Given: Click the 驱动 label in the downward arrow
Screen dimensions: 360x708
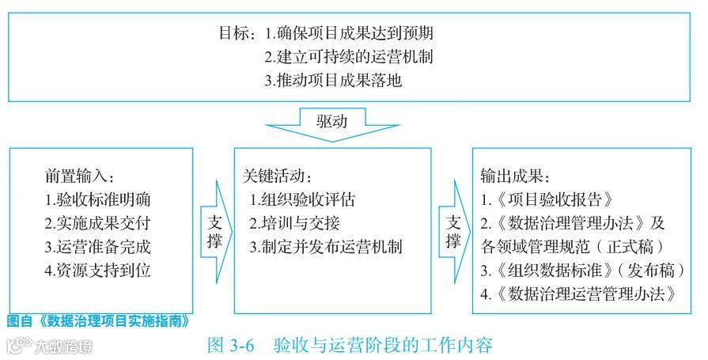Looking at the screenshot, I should pos(331,122).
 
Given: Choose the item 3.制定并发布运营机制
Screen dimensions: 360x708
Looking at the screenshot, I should pos(326,246).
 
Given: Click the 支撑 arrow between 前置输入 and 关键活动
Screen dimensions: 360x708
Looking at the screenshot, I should pos(214,229).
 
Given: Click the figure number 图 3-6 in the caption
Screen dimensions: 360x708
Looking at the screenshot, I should pos(229,346).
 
